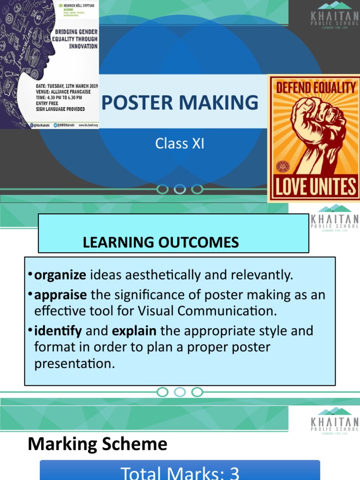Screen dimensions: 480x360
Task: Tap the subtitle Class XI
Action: point(180,143)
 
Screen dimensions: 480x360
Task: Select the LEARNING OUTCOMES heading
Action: point(161,242)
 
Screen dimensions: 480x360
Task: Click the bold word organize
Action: point(60,275)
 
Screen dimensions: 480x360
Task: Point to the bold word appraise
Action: point(60,295)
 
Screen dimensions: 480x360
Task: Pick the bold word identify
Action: point(58,331)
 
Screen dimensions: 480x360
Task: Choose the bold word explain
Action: point(134,331)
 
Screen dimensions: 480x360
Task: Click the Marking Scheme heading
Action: point(97,444)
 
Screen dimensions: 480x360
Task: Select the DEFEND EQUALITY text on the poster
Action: point(315,87)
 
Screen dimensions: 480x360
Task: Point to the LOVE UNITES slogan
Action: point(315,187)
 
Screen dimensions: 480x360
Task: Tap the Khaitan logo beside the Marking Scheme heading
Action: point(334,420)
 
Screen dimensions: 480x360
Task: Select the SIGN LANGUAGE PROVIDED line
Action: point(60,109)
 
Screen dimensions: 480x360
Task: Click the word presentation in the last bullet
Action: point(74,364)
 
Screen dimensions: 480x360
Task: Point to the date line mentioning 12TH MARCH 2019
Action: point(67,87)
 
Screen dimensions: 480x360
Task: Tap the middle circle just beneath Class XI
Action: point(180,189)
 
